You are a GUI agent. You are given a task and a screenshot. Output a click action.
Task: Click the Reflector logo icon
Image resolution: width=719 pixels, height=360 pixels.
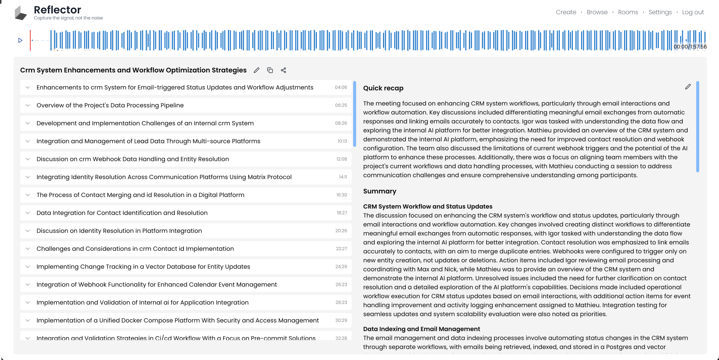click(x=21, y=13)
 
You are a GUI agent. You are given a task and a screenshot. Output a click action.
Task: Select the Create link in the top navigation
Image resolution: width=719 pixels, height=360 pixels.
click(x=566, y=12)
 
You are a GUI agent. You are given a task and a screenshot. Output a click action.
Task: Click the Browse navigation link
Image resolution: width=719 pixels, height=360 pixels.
click(x=597, y=12)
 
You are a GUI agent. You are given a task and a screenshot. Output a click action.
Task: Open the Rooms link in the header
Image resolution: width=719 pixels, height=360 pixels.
click(x=628, y=12)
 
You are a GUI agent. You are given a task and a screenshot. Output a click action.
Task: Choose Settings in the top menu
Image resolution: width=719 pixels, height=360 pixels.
click(x=660, y=12)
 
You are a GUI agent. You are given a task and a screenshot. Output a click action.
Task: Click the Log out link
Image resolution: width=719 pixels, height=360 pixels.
click(x=693, y=12)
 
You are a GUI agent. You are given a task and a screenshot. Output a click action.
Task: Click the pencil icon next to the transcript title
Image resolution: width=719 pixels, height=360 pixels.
click(x=256, y=70)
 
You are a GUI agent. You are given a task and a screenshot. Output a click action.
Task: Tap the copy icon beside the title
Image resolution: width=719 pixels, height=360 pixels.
click(x=270, y=70)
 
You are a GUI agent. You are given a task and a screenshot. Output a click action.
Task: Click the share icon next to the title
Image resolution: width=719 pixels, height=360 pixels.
click(x=284, y=70)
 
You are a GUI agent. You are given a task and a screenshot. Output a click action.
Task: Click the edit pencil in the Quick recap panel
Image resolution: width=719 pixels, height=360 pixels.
click(x=688, y=87)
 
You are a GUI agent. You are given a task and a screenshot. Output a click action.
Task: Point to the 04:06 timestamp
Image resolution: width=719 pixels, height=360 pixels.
click(x=341, y=87)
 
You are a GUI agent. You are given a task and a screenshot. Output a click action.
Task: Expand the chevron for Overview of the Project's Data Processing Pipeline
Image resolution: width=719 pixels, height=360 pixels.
click(x=28, y=105)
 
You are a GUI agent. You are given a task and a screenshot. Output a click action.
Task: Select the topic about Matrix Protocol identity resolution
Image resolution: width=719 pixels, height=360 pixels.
click(x=164, y=177)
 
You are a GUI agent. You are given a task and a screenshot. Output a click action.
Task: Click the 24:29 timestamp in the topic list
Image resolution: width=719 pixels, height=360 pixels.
click(x=341, y=267)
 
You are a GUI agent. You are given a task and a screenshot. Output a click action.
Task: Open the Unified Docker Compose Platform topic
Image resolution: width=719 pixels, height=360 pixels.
click(x=178, y=320)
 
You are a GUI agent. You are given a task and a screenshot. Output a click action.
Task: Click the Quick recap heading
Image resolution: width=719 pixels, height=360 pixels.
click(x=383, y=88)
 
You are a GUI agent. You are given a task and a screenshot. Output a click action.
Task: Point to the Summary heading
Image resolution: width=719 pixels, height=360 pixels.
click(x=379, y=191)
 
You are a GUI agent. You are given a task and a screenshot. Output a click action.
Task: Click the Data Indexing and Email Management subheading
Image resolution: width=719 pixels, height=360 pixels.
click(x=421, y=329)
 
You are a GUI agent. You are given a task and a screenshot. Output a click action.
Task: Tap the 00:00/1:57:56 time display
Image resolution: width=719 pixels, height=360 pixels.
click(x=690, y=47)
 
